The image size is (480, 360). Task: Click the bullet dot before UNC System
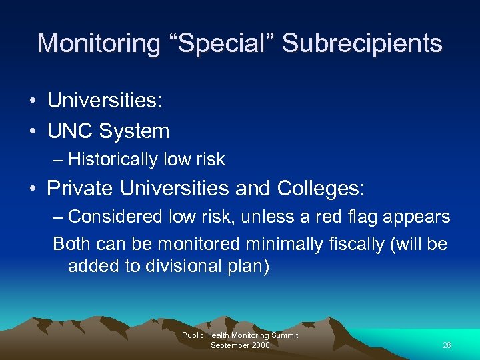32,131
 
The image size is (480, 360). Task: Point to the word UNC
71,131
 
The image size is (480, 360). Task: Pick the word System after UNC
135,131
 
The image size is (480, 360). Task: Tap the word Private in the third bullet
81,188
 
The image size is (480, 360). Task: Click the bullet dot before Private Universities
32,189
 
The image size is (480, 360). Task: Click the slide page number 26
447,345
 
